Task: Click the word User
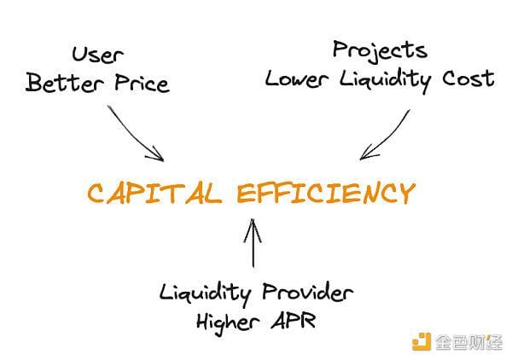[x=96, y=56]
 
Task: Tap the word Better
[x=61, y=83]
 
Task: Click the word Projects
[x=380, y=50]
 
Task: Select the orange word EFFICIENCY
[x=326, y=193]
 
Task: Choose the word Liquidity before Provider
[x=203, y=293]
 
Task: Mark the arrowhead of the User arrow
[x=159, y=156]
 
